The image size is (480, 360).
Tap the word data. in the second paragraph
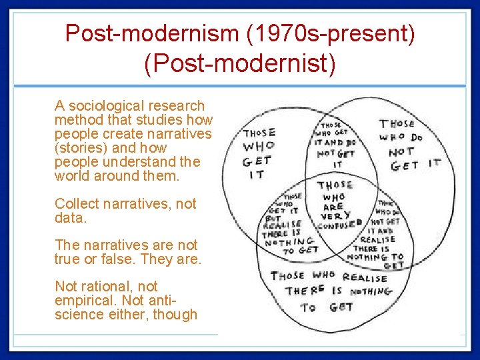[69, 218]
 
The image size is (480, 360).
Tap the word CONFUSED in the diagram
[340, 225]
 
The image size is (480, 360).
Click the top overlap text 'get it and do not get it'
[338, 144]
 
